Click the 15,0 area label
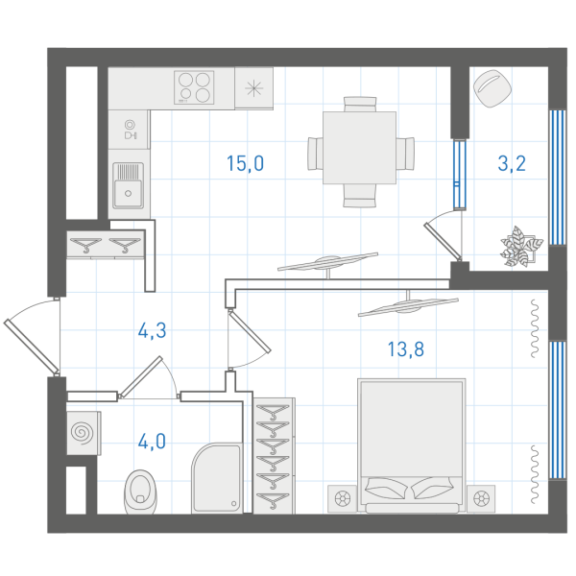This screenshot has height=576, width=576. click(x=246, y=164)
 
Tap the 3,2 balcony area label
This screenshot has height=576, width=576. click(x=512, y=164)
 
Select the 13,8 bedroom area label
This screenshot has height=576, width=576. click(x=406, y=349)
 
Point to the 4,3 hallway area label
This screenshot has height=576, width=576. click(x=152, y=330)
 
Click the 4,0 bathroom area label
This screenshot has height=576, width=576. click(x=152, y=442)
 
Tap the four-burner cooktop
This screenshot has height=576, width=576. click(x=194, y=87)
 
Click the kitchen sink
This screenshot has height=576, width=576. click(x=129, y=186)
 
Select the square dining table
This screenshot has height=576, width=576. click(x=360, y=148)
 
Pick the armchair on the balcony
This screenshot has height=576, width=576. click(x=492, y=87)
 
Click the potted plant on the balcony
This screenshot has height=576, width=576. click(x=521, y=246)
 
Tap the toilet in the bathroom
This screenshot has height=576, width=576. click(x=140, y=492)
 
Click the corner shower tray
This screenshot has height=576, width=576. click(x=217, y=477)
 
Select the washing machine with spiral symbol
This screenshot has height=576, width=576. click(x=84, y=433)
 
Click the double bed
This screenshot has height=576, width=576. click(x=412, y=445)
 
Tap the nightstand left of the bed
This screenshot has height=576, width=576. click(x=342, y=499)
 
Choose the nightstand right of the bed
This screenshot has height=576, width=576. click(x=481, y=499)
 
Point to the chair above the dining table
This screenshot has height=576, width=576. click(x=360, y=104)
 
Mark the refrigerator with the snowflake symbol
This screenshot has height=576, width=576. click(x=253, y=88)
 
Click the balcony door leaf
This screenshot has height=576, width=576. click(x=443, y=241)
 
